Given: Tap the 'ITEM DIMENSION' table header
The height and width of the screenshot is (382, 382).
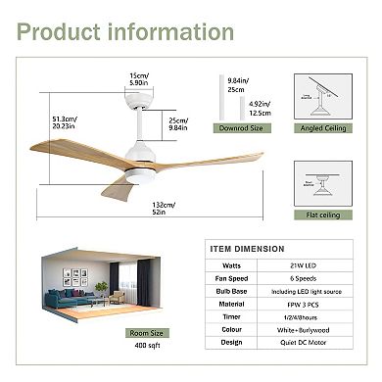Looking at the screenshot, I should pyautogui.click(x=245, y=249).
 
